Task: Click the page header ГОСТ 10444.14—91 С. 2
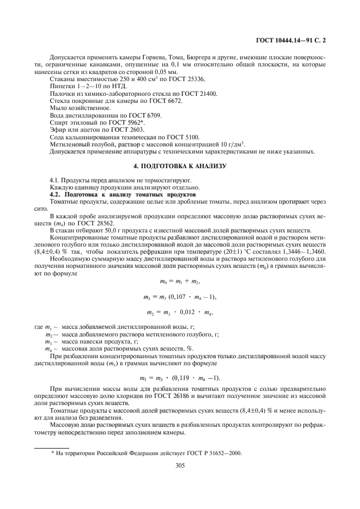pyautogui.click(x=294, y=40)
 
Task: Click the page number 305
pyautogui.click(x=180, y=465)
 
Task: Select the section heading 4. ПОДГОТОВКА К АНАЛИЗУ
pyautogui.click(x=180, y=165)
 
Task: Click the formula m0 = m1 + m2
pyautogui.click(x=180, y=281)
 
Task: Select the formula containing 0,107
pyautogui.click(x=180, y=297)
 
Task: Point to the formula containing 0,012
pyautogui.click(x=180, y=312)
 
